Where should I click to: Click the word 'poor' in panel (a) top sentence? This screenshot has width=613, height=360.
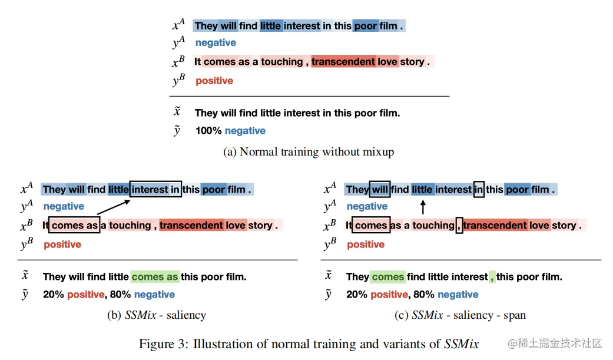tap(365, 25)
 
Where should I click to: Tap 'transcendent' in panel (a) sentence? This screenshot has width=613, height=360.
tap(343, 61)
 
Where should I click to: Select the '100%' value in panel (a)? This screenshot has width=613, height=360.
tap(208, 131)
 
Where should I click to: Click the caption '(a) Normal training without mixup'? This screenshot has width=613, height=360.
tap(309, 152)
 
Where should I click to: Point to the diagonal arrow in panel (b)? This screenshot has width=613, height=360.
tap(114, 206)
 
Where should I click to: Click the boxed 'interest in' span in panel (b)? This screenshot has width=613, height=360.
tap(155, 189)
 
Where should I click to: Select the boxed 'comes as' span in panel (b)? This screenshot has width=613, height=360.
tap(75, 225)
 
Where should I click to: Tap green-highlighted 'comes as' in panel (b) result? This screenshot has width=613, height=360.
tap(155, 276)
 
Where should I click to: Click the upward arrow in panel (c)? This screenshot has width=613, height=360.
tap(422, 207)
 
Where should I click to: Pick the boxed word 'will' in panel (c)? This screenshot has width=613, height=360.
tap(380, 189)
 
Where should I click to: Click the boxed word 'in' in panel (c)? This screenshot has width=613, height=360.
tap(479, 189)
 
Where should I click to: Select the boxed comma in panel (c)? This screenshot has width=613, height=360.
tap(459, 225)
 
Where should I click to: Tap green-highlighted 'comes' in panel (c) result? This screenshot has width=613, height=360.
tap(388, 276)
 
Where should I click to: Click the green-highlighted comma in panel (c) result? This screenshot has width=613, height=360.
tap(492, 276)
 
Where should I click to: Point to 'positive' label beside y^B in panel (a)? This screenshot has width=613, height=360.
tap(214, 81)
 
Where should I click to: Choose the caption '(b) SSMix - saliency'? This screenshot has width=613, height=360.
tap(157, 315)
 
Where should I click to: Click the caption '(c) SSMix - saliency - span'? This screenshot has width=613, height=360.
tap(460, 315)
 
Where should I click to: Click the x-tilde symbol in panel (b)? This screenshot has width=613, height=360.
tap(25, 276)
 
